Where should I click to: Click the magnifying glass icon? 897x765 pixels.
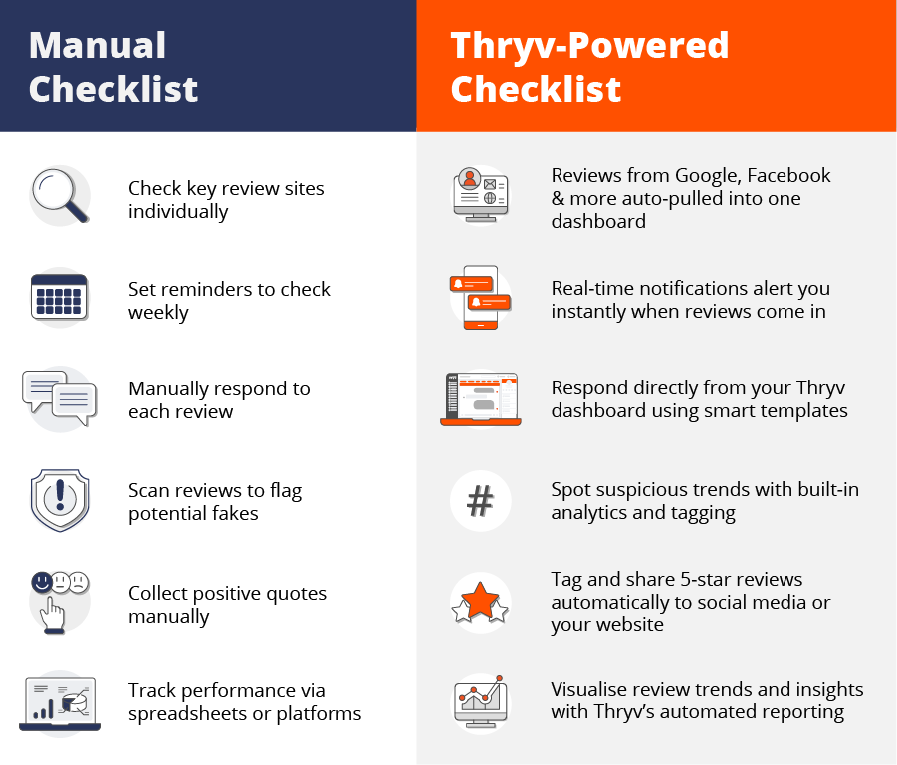click(60, 195)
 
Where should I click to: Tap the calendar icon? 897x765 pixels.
click(59, 297)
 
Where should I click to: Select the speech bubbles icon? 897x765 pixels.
click(59, 397)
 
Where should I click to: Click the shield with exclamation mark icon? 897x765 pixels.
click(60, 500)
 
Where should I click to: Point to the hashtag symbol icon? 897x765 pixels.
click(480, 501)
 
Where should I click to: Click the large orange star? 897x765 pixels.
click(480, 601)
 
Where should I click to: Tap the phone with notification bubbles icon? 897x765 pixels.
click(480, 297)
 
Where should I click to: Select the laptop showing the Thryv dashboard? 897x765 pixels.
click(481, 399)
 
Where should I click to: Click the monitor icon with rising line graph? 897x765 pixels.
click(481, 702)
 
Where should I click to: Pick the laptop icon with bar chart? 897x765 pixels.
click(60, 704)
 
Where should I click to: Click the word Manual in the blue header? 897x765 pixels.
click(98, 45)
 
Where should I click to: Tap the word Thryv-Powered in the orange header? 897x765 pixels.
click(589, 45)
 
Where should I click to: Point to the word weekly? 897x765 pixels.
click(158, 313)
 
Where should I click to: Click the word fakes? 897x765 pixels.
click(235, 513)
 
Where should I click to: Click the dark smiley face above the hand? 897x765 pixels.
click(42, 582)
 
